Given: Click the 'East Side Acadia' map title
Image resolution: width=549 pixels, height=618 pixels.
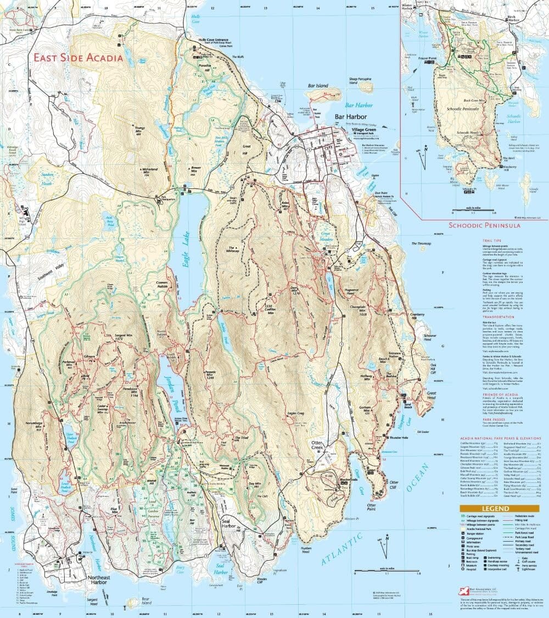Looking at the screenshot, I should point(77,57).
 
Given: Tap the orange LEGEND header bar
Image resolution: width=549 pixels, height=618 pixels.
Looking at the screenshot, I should point(499,509).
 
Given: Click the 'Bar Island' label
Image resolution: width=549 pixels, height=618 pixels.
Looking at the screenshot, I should point(317,86).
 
